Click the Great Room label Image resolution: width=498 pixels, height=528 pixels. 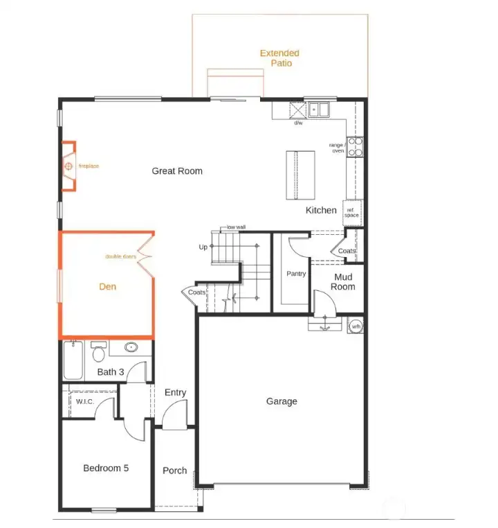pos(177,170)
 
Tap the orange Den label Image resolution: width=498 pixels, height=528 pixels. pos(107,286)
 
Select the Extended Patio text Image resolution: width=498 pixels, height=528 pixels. pos(280,58)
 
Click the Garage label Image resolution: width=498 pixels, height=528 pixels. pos(282,401)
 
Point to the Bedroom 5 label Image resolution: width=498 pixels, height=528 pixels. pos(106,468)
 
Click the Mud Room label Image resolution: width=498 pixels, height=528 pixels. pos(342,281)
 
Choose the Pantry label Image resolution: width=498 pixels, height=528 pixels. pos(296,274)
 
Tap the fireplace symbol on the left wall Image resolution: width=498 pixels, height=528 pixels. pos(68,166)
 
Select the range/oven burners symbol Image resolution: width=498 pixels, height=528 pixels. pos(355,146)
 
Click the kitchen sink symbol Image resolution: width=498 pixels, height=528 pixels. pos(319,109)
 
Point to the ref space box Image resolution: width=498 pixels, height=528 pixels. pos(352,213)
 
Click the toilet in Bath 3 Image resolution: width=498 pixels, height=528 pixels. pos(99,354)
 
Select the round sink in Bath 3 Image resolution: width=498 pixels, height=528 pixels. pos(130,348)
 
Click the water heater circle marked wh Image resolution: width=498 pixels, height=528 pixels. pos(356,326)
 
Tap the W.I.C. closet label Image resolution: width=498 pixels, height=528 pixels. pos(85,402)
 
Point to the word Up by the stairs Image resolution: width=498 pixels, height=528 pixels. pos(203,247)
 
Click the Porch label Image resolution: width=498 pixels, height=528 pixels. pos(174,470)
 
